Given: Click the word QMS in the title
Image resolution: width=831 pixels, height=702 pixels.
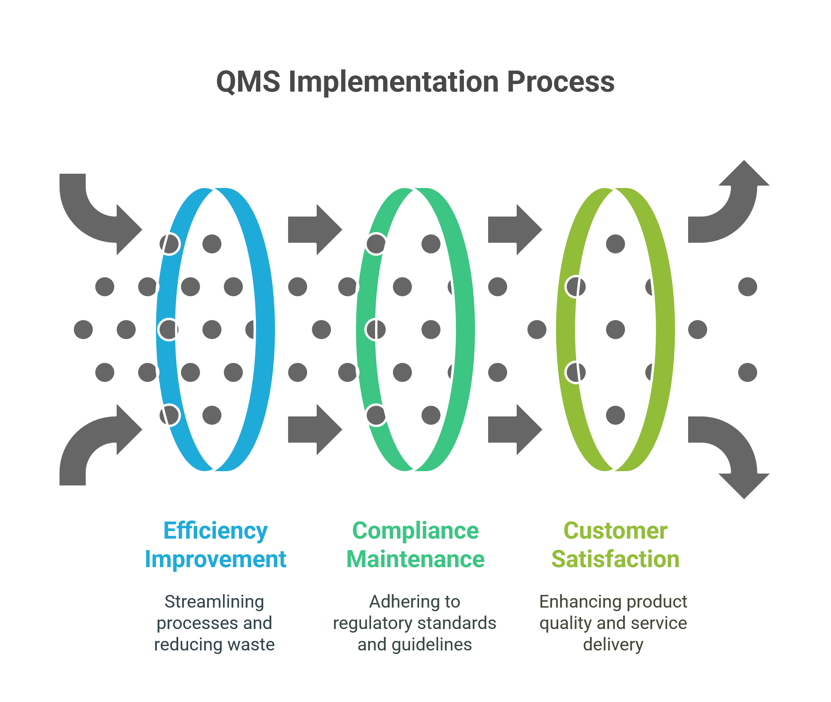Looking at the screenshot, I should pos(248,82).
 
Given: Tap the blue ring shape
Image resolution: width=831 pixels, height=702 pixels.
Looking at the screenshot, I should pos(265,330).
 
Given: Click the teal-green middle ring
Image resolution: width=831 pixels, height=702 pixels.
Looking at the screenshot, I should pos(465,330).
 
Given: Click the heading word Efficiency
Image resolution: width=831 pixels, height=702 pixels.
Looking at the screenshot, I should pos(215,531).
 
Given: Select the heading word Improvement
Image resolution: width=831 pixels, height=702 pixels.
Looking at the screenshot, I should pos(215,560).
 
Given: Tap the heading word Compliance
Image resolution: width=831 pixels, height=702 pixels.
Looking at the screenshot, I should pos(415,531).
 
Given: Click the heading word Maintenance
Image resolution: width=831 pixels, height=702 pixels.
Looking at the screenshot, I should pos(415,560).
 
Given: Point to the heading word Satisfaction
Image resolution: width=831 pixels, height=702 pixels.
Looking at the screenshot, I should pos(615,560).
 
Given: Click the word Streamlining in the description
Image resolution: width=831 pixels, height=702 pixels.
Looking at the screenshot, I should pos(214,602).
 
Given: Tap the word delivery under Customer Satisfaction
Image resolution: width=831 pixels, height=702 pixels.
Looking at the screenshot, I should pos(613,645).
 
